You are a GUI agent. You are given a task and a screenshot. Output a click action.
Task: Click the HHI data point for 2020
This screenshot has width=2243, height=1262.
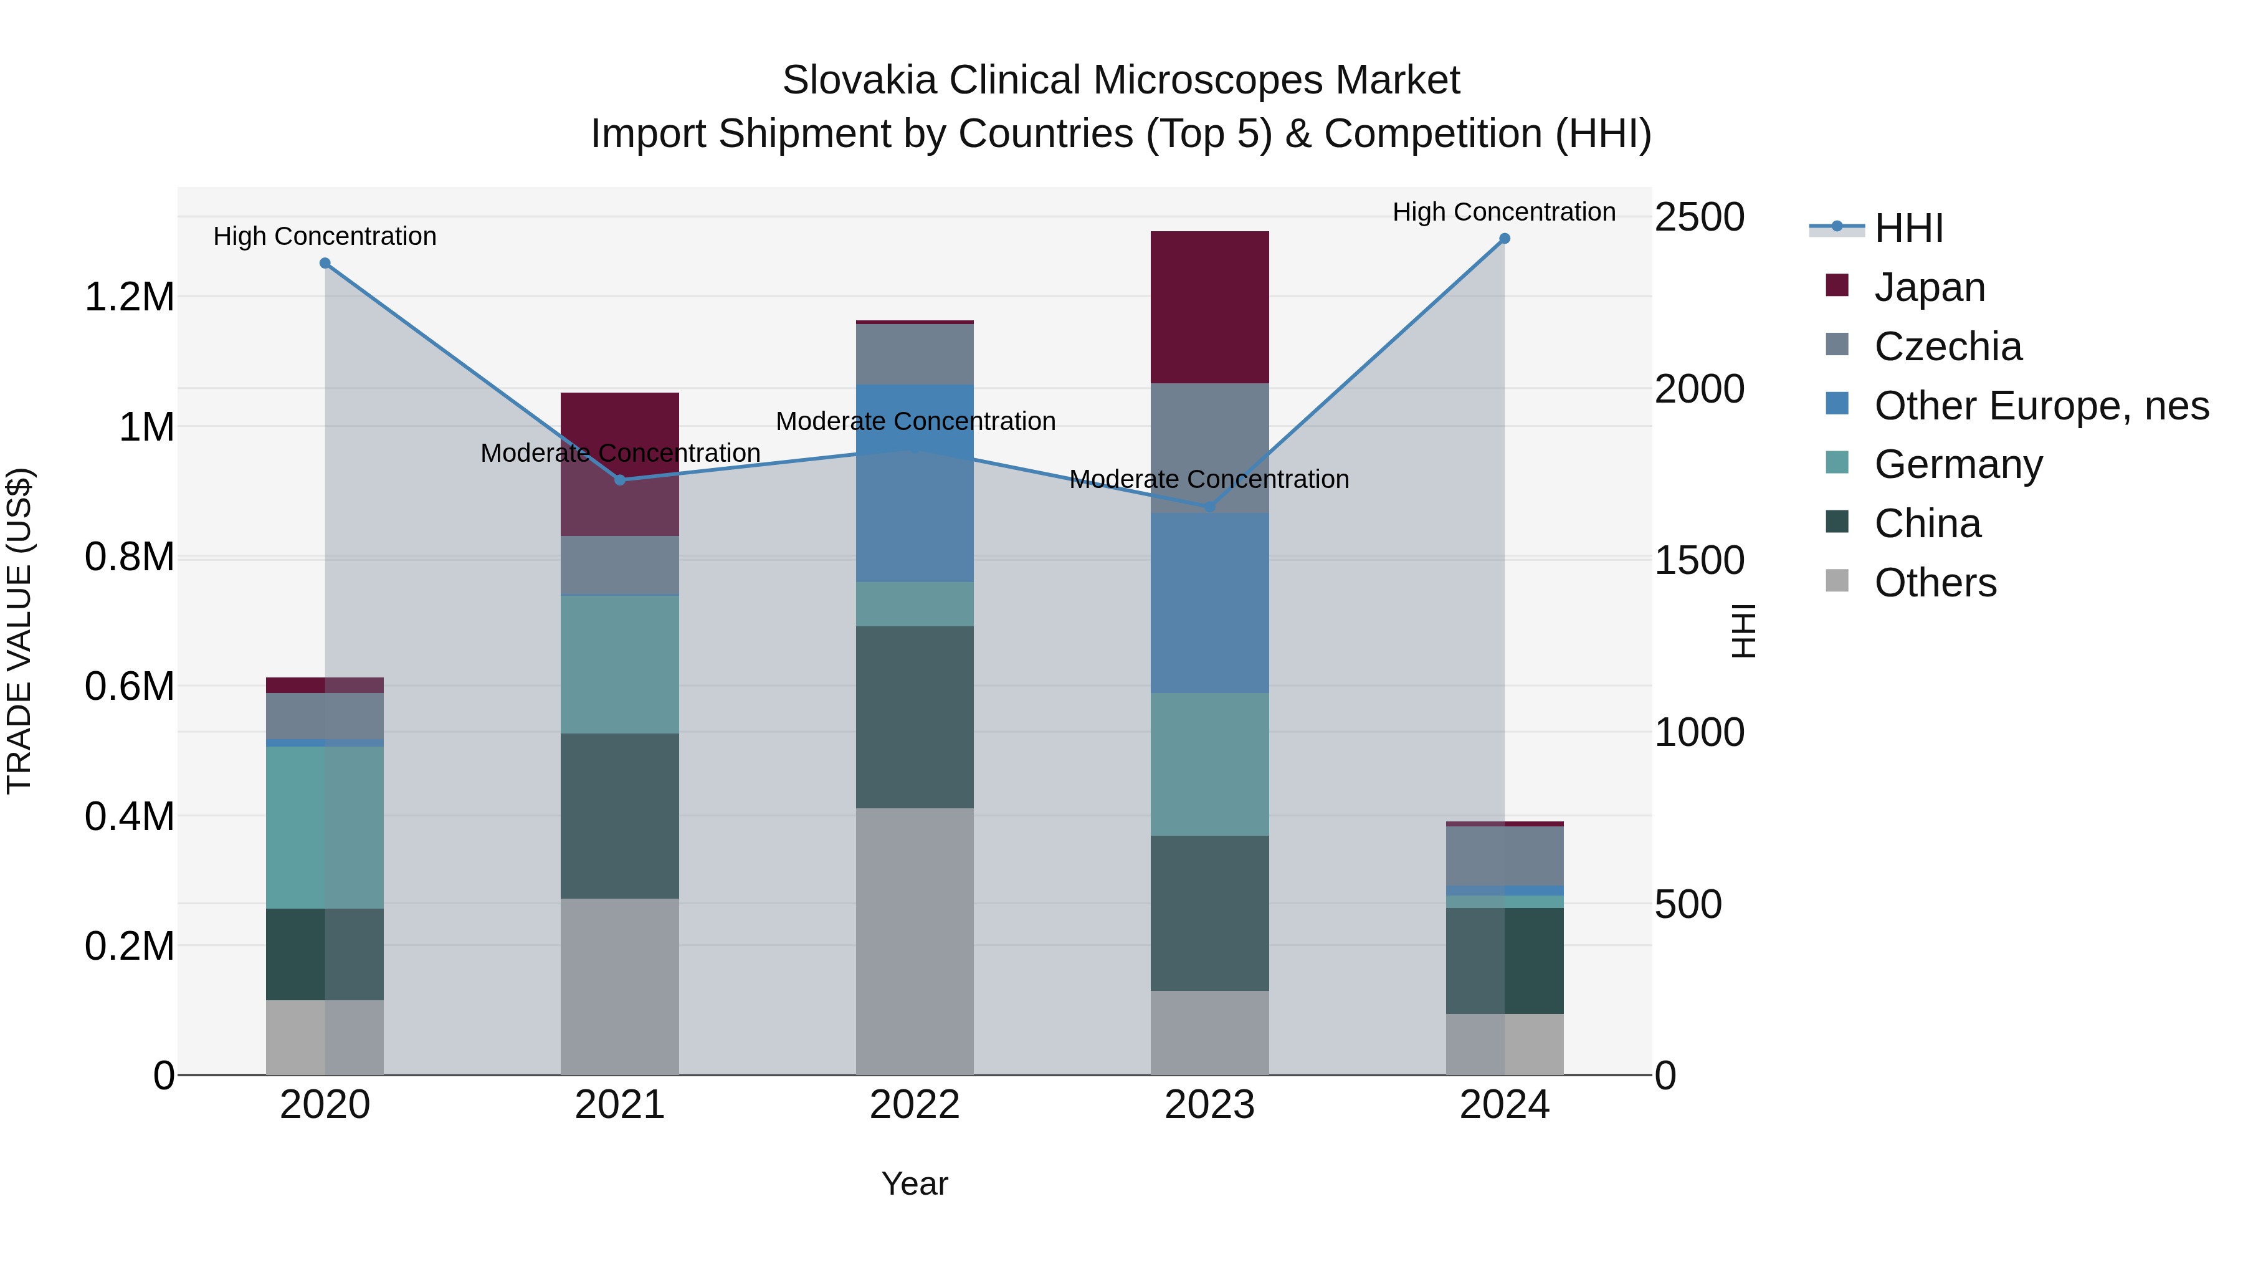pos(325,263)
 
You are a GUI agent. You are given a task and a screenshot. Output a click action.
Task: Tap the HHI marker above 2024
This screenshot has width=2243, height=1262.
pos(1504,239)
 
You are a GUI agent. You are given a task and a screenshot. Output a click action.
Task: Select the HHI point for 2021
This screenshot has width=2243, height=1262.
pos(620,480)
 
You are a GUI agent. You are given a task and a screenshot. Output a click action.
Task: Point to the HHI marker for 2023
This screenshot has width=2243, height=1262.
pos(1209,507)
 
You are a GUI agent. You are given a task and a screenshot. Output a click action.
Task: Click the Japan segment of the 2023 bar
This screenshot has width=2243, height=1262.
pos(1209,307)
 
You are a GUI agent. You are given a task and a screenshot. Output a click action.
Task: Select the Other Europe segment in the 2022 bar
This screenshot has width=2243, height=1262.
pos(914,484)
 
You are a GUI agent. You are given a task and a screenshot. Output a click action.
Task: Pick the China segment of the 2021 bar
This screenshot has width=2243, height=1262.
pos(619,815)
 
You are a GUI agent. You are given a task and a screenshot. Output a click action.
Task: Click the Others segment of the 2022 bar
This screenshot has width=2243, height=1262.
pos(914,940)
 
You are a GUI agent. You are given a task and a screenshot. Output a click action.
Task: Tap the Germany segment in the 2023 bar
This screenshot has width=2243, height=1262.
pos(1209,764)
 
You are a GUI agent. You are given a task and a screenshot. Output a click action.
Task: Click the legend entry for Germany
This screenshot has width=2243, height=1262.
pos(1958,464)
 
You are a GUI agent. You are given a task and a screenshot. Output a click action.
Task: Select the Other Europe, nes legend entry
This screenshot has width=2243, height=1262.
pos(2040,406)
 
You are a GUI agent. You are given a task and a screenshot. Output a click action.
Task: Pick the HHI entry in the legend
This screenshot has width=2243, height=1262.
pos(1908,228)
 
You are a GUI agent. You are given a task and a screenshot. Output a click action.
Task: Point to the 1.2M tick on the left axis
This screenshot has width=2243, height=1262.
pos(129,297)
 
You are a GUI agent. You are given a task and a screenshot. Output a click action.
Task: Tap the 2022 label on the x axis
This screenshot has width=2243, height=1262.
pos(914,1105)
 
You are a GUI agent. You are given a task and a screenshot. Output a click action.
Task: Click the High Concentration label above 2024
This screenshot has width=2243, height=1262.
pos(1504,212)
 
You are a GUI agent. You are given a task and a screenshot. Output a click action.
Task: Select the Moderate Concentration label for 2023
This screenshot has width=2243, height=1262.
pos(1209,479)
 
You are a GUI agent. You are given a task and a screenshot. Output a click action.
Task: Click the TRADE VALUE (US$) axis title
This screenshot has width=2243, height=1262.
pos(19,631)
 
